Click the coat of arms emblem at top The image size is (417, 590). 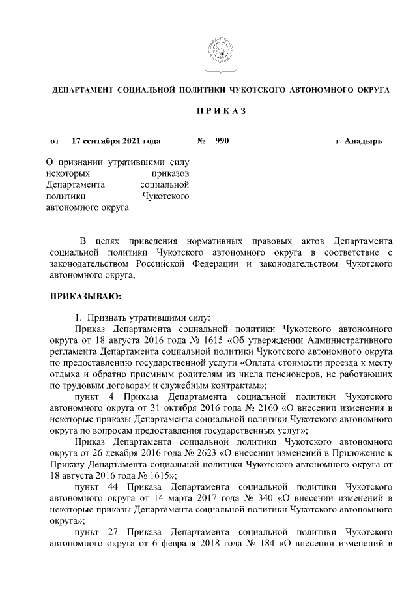(x=217, y=53)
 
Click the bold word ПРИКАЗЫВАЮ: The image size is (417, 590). (x=85, y=297)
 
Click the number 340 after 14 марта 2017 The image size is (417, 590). (x=261, y=498)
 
